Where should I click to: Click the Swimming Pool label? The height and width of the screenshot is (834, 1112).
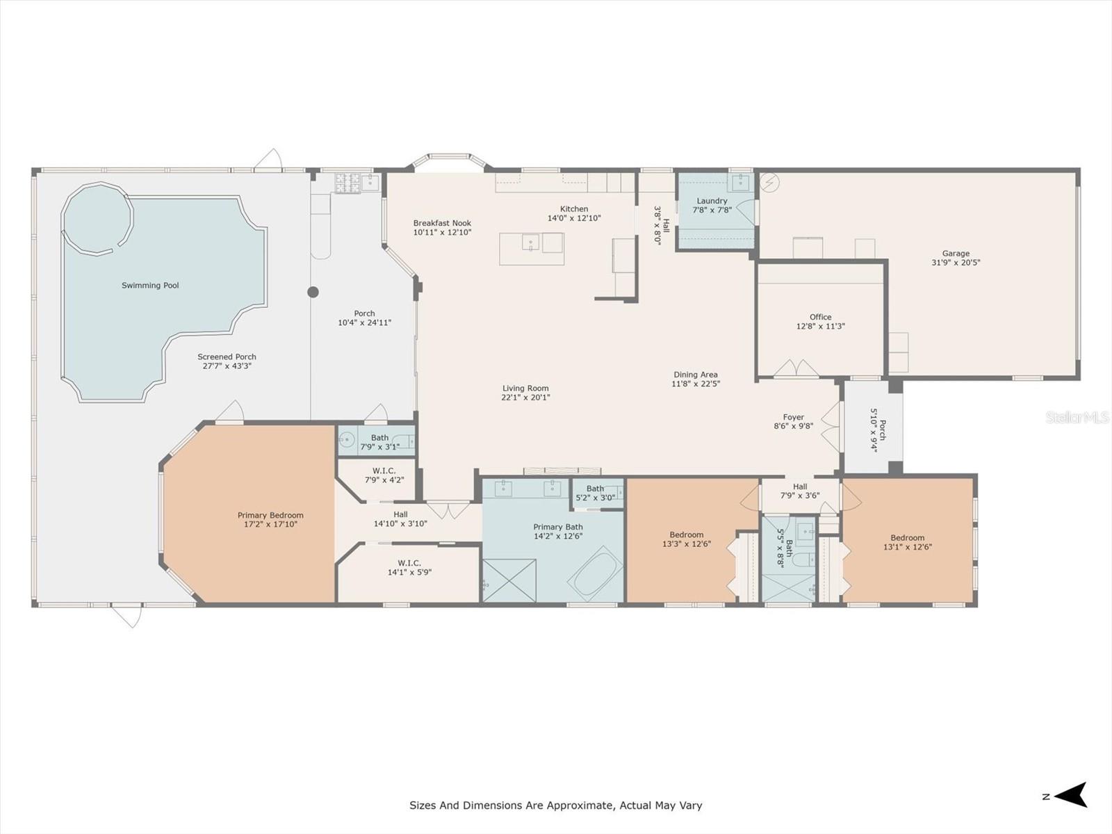150,286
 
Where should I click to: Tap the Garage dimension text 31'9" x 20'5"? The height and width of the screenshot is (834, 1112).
956,263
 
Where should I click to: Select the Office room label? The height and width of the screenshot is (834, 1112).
820,317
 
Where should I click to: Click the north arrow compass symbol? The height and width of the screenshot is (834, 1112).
1073,795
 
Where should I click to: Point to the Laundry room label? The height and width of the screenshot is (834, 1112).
712,201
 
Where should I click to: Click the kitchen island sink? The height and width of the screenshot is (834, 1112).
530,243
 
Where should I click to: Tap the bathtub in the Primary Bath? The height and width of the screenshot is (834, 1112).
596,571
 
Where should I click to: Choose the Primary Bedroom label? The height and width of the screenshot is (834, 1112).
270,515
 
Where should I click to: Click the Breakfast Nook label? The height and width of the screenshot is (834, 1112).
442,223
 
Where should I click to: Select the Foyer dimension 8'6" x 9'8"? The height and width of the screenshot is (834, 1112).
793,426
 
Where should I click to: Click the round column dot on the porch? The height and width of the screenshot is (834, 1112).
313,292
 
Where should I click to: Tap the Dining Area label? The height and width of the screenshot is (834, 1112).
694,375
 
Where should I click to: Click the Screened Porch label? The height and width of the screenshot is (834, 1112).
227,357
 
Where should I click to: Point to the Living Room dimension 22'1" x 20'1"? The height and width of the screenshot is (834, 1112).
525,398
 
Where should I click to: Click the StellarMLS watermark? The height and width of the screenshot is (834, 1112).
1077,417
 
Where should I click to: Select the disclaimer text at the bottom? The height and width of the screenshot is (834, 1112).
555,806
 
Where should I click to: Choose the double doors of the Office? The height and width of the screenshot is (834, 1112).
797,368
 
